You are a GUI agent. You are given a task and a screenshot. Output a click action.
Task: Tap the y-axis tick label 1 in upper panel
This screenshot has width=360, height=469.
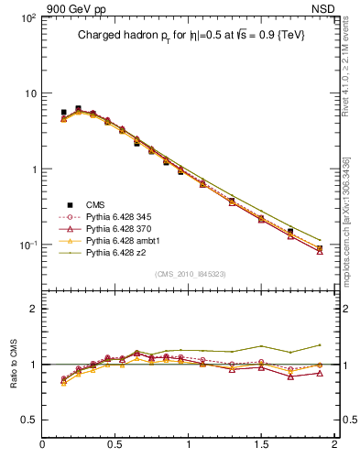pyautogui.click(x=32, y=169)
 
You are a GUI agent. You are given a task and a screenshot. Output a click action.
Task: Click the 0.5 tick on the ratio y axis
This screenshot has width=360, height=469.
pyautogui.click(x=28, y=420)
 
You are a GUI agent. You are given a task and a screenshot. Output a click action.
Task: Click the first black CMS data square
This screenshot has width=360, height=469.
pyautogui.click(x=63, y=113)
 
